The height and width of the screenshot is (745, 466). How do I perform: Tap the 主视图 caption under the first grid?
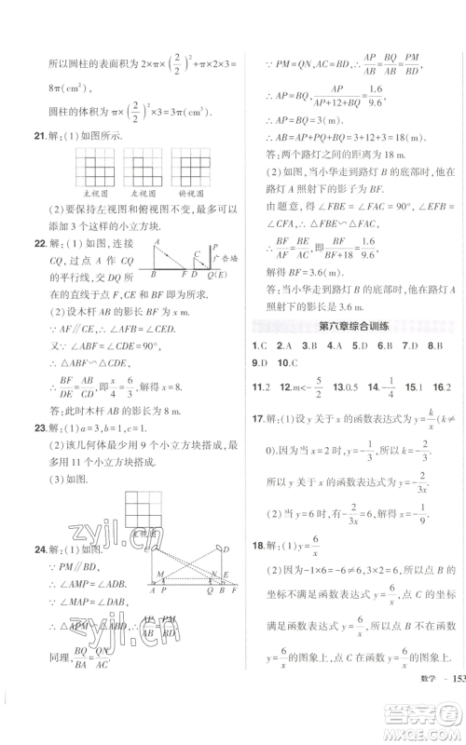click(92, 195)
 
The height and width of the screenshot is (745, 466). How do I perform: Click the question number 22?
click(29, 244)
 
